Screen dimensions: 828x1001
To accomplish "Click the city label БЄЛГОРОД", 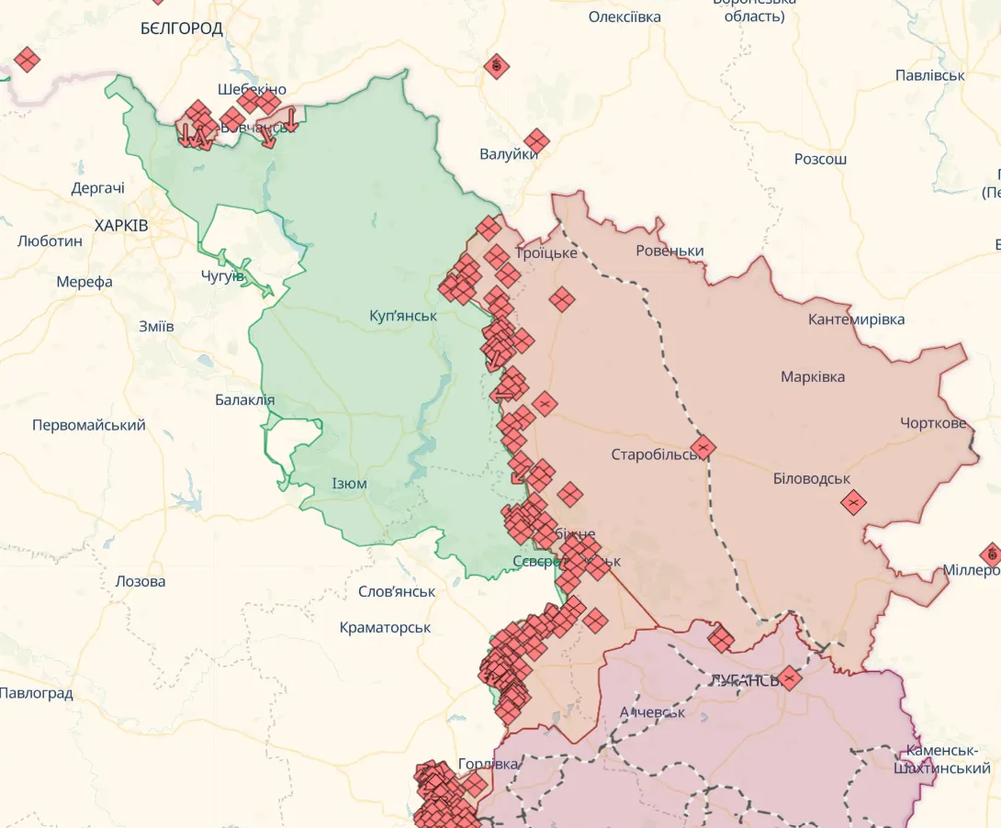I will coord(182,28).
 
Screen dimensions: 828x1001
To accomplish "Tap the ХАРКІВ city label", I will coord(121,225).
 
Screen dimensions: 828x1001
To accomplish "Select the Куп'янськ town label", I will coord(403,316).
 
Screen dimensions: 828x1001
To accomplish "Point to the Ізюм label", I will coord(349,484).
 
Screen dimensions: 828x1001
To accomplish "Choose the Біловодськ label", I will coord(811,478).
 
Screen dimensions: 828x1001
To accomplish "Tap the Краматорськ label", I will coord(385,628).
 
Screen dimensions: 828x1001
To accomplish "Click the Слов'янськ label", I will coord(397,591).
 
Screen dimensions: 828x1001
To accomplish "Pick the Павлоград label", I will coord(37,693).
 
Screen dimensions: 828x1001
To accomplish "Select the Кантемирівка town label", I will coord(856,319).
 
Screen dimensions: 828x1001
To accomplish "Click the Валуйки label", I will coord(508,154).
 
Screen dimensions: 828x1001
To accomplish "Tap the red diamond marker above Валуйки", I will coord(536,141).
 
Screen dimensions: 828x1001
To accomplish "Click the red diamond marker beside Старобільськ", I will coord(703,448).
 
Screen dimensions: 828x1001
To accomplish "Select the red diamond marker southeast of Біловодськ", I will coord(853,502).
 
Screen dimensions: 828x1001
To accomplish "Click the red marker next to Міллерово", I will coord(990,554).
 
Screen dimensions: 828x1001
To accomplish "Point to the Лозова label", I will coord(141,581).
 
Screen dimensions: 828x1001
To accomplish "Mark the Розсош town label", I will coord(820,159).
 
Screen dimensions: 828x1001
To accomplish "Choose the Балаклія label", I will coord(244,400).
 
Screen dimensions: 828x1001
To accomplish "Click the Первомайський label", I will coord(89,425).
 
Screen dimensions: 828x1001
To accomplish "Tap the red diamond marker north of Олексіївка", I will coord(497,66).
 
